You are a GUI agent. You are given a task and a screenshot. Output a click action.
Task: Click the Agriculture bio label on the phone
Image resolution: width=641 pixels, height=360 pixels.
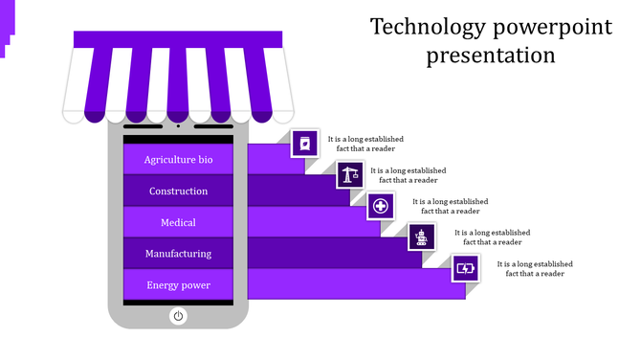178,160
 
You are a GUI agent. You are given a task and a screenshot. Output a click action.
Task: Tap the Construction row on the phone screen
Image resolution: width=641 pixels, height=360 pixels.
178,191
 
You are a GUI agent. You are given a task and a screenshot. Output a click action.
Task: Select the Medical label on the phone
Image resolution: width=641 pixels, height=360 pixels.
178,223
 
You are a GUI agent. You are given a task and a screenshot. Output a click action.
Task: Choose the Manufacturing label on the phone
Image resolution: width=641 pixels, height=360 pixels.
178,254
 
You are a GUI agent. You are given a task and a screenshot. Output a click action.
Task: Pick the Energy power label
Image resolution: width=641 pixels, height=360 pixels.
178,285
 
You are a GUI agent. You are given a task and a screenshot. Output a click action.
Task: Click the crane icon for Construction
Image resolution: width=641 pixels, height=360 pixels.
349,175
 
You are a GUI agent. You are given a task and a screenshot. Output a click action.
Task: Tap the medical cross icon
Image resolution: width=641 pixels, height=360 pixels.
381,206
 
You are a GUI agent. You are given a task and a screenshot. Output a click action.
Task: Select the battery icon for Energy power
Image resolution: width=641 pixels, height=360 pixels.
466,268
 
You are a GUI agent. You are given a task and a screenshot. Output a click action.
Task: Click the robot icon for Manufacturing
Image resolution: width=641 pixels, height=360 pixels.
423,236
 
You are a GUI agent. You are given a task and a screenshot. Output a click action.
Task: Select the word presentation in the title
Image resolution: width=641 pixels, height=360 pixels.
491,55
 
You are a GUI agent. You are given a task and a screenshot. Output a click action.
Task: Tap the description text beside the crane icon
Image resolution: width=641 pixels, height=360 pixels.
409,175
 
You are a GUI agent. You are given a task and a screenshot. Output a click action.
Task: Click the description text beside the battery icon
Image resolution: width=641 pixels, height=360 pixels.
535,268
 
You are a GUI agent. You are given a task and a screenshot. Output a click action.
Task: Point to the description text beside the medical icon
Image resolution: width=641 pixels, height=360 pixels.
450,206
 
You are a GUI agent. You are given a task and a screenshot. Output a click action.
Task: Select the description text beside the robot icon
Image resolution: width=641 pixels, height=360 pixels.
492,236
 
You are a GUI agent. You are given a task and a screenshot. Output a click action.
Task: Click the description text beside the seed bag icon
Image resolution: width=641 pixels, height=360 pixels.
365,144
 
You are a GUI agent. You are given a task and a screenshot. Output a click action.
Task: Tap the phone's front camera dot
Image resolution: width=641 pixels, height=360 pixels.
178,125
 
